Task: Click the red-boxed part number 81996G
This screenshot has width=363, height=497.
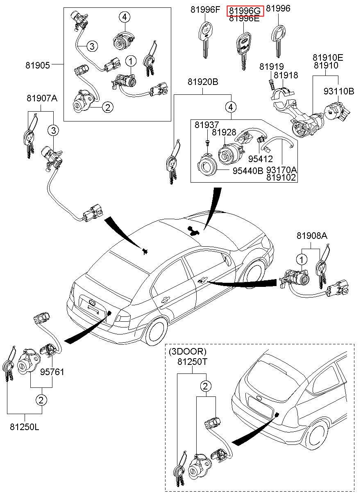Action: pyautogui.click(x=246, y=11)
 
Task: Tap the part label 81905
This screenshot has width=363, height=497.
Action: pyautogui.click(x=37, y=65)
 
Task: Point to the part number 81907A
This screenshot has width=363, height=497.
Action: pyautogui.click(x=42, y=98)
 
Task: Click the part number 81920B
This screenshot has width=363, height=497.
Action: pyautogui.click(x=203, y=82)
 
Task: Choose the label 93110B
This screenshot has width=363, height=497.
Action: pyautogui.click(x=339, y=91)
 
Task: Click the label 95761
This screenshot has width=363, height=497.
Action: pyautogui.click(x=52, y=372)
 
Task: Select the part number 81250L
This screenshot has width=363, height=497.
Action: pyautogui.click(x=25, y=427)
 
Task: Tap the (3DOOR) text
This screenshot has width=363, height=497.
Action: pyautogui.click(x=188, y=352)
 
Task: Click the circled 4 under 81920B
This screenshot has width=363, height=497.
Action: pyautogui.click(x=231, y=108)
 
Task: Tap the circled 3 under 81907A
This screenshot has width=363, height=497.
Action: pyautogui.click(x=53, y=131)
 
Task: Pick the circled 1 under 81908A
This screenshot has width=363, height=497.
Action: pyautogui.click(x=302, y=259)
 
